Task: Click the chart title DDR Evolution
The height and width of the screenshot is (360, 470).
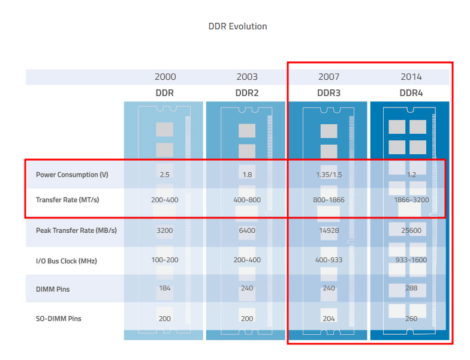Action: (237, 26)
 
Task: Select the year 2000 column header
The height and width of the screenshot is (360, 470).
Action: (165, 77)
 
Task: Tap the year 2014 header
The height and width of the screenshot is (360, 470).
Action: (411, 77)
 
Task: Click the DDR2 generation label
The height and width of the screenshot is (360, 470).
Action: (247, 93)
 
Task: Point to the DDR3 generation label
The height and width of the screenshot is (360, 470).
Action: (329, 93)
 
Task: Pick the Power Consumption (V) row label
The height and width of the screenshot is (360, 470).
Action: (71, 175)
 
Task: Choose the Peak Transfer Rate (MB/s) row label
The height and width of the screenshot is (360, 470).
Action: (76, 230)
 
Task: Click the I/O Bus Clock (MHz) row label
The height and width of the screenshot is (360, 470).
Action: (66, 261)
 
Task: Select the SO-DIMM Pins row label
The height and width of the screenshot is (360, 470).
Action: (58, 319)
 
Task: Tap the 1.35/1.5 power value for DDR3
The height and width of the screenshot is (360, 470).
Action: (329, 175)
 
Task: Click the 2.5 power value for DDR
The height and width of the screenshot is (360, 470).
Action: (165, 175)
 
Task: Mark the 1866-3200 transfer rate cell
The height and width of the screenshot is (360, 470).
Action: (411, 200)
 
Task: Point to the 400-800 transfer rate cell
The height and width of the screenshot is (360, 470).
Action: (247, 200)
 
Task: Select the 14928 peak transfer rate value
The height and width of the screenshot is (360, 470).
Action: (329, 230)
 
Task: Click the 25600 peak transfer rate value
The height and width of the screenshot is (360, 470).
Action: (411, 230)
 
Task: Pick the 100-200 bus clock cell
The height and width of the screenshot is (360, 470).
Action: (165, 261)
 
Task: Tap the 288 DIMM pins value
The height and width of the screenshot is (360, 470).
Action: (411, 289)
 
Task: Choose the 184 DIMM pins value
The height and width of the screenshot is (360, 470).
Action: (165, 289)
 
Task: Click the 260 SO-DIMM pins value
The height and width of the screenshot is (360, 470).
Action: (411, 319)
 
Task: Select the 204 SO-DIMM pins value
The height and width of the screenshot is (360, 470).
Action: (329, 319)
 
